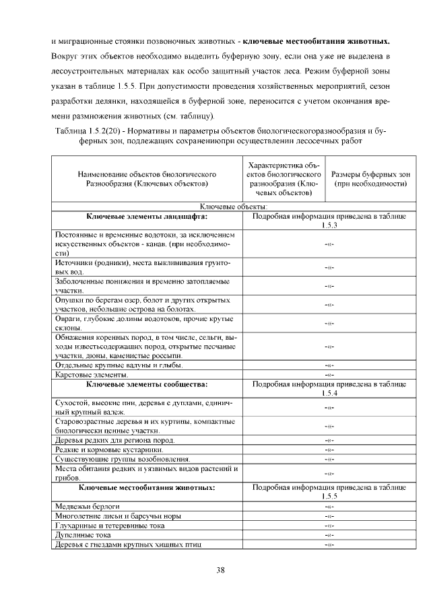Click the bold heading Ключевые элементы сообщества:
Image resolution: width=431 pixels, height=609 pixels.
(146, 384)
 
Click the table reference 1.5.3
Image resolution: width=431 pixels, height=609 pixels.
(329, 225)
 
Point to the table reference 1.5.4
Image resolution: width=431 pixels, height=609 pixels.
(329, 393)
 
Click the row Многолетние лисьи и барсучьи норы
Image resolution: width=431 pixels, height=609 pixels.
(117, 515)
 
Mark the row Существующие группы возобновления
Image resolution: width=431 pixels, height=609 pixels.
(114, 458)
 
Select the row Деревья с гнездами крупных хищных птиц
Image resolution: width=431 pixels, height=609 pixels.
(128, 544)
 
